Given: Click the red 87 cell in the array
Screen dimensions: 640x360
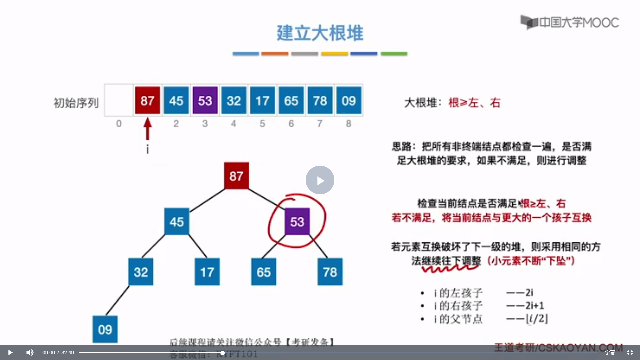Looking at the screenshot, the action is tap(147, 100).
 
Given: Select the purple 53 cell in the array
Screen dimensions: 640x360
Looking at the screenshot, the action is tap(205, 100).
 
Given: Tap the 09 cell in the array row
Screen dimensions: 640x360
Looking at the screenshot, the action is tap(349, 100).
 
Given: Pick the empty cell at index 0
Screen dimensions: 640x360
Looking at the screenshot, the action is tap(119, 100).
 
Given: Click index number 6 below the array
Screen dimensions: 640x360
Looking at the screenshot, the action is tap(291, 124).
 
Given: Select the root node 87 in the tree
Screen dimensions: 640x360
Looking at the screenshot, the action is tap(236, 176).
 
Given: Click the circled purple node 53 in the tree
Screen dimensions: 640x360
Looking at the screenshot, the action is tap(297, 222).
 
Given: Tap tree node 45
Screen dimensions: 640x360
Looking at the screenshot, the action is tap(177, 222).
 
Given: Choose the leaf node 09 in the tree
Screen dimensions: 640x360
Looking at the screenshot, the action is tap(105, 329).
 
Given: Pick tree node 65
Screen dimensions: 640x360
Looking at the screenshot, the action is tap(264, 272).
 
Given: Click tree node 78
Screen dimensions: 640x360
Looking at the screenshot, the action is tap(330, 272).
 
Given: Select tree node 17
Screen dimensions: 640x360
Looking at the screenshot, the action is tap(207, 272).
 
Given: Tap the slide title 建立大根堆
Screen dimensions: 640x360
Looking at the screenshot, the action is tap(320, 33).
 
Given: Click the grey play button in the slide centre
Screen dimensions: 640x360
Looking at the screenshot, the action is tap(320, 180).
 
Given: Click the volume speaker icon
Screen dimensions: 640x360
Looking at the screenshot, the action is tap(30, 352).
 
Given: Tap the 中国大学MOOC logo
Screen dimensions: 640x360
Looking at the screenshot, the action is tap(570, 22).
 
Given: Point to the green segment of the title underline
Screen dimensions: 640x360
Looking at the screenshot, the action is tap(394, 54).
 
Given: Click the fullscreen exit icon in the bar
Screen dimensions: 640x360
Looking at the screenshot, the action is tap(630, 352).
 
